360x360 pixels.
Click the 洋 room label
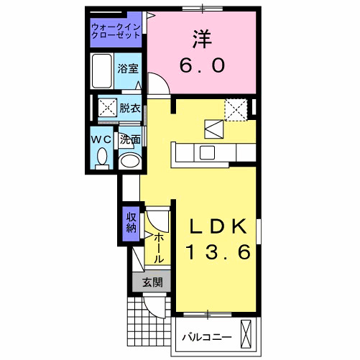[x=202, y=38]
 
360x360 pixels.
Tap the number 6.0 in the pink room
[x=202, y=65]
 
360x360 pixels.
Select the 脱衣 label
[x=129, y=109]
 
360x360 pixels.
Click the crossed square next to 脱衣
[x=108, y=109]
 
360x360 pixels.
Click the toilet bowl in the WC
[x=101, y=156]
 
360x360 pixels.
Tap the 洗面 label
[x=129, y=139]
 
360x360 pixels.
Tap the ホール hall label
[x=159, y=246]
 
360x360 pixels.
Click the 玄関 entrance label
[x=151, y=282]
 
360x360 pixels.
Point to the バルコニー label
[x=206, y=336]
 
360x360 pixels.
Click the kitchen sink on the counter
[x=207, y=152]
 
